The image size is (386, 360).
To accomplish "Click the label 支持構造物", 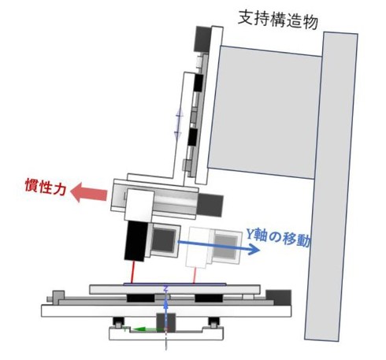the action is click(278, 19).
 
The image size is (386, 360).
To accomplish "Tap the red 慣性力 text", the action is click(45, 187).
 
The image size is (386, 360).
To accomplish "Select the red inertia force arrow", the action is click(89, 193).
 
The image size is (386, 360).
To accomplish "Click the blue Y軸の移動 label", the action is click(279, 237).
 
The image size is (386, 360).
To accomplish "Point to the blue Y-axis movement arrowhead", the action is click(254, 249).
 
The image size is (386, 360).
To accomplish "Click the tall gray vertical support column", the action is click(332, 187).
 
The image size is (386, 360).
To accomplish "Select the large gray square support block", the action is click(265, 113).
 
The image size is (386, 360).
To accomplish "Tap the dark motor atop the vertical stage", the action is click(202, 39).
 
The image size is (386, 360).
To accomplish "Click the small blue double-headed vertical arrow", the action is click(179, 124).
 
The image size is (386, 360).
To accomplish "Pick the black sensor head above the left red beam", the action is click(136, 241).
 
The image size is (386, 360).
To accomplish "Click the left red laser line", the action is click(133, 273).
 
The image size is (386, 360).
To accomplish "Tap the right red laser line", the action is click(195, 276).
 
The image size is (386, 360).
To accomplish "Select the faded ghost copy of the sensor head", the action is click(213, 247).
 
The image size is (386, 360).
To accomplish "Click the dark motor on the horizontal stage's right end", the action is click(210, 205).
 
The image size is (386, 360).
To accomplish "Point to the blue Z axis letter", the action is click(165, 289).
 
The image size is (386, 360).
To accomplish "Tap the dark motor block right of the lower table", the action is click(279, 298).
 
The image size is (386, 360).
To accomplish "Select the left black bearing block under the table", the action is click(140, 298).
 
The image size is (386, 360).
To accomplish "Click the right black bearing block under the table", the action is click(209, 298).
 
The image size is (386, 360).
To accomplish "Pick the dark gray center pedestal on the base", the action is click(166, 321).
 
